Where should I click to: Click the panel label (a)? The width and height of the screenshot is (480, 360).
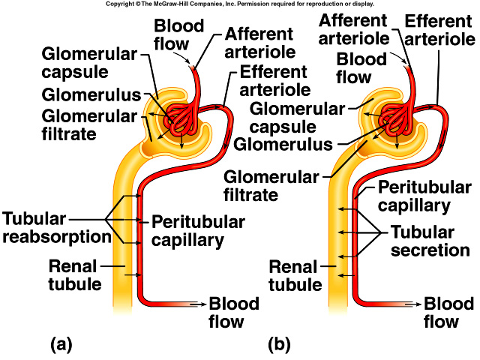(60, 346)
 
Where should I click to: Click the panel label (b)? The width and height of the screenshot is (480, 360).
(279, 346)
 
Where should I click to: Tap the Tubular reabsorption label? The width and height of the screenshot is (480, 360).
(55, 227)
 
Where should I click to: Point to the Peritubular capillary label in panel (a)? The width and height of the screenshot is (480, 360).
(198, 231)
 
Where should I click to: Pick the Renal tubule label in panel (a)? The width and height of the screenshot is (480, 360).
(74, 274)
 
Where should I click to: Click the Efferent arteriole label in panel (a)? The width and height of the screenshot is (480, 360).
(274, 81)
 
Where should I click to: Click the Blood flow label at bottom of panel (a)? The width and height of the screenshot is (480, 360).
(234, 313)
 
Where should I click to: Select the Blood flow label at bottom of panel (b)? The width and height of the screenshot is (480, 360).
(448, 313)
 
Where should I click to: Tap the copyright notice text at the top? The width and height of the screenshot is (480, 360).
(240, 4)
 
